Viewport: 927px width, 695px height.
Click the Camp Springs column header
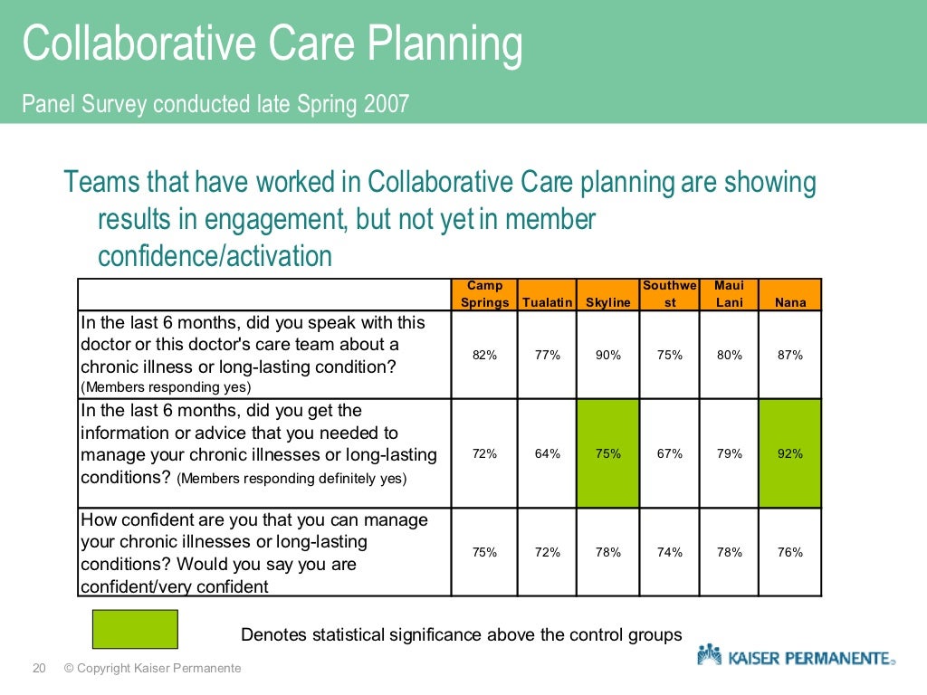tap(484, 294)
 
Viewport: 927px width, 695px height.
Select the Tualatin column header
tap(547, 302)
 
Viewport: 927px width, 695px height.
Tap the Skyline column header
tap(608, 302)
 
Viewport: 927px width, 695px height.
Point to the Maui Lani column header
tap(729, 294)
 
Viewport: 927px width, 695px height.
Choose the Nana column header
tap(789, 302)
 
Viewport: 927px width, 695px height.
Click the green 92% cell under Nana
tap(789, 453)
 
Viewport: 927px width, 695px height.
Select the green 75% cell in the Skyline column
tap(608, 453)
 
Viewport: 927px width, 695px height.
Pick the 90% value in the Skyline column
tap(608, 355)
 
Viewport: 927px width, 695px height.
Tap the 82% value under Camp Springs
tap(484, 355)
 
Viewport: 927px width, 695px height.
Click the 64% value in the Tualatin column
tap(547, 453)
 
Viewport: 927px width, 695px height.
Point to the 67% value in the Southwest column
tap(670, 453)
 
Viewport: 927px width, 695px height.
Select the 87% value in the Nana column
tap(789, 355)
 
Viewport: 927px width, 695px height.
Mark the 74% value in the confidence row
tap(670, 552)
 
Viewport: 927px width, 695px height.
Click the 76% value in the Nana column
tap(789, 552)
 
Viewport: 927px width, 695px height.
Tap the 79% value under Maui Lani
tap(729, 453)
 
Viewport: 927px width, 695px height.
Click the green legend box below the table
tap(135, 629)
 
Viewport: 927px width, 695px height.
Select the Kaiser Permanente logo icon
tap(709, 655)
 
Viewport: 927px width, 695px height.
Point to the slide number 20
tap(39, 669)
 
